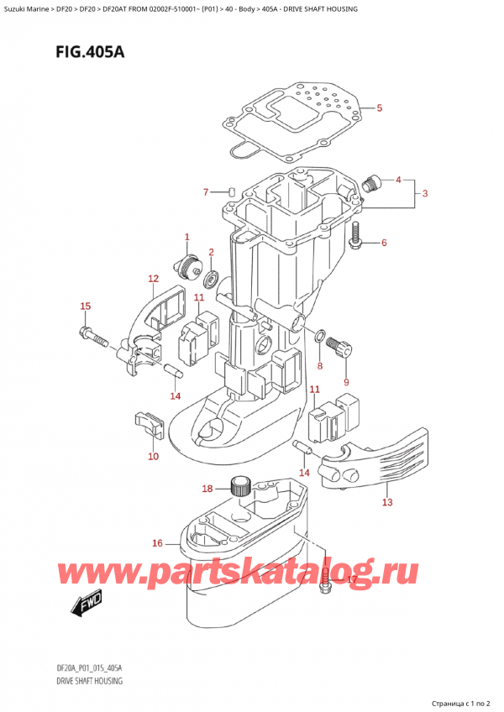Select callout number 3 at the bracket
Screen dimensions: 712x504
tap(425, 194)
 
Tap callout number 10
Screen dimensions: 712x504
tap(152, 457)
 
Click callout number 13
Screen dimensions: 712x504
tap(387, 502)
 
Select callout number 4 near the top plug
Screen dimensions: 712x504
tap(398, 180)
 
